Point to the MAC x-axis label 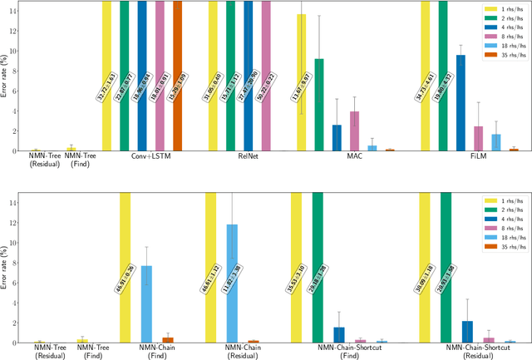(x=355, y=155)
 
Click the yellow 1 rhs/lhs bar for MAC (x=302, y=83)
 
